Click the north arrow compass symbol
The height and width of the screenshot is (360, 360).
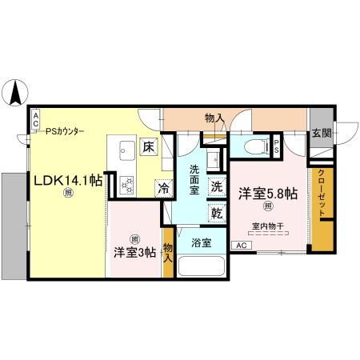pyautogui.click(x=16, y=94)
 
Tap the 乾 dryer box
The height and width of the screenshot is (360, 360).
pyautogui.click(x=218, y=212)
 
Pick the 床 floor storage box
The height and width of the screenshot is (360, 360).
pyautogui.click(x=149, y=146)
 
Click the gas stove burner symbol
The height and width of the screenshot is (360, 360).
pyautogui.click(x=126, y=184)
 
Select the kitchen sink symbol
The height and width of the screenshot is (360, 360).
pyautogui.click(x=127, y=150)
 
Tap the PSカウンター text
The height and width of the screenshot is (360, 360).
pyautogui.click(x=65, y=131)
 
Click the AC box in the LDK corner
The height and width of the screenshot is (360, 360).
pyautogui.click(x=34, y=118)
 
